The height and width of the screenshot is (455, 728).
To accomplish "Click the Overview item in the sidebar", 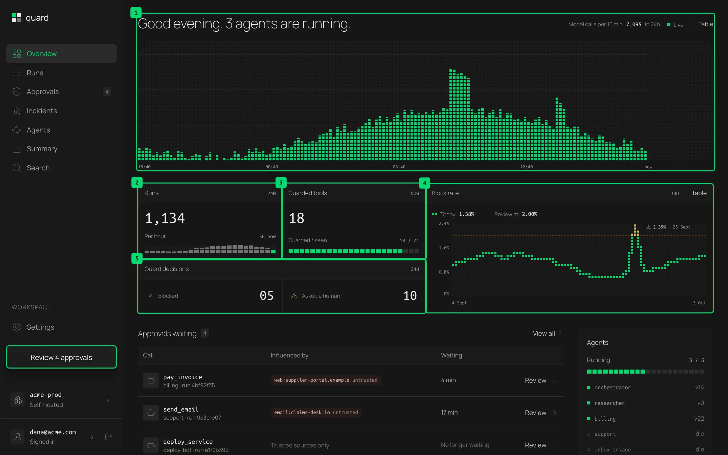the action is pyautogui.click(x=61, y=54).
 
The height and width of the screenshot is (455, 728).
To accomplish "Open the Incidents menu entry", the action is pyautogui.click(x=41, y=111).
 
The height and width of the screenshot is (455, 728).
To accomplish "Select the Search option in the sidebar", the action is pyautogui.click(x=38, y=168).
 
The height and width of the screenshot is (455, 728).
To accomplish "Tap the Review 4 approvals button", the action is pyautogui.click(x=61, y=357).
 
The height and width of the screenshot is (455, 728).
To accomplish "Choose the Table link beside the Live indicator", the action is pyautogui.click(x=706, y=24).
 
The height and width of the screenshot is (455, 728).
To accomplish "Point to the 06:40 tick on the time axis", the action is pyautogui.click(x=399, y=167).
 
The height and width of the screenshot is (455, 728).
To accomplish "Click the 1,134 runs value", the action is pyautogui.click(x=165, y=218).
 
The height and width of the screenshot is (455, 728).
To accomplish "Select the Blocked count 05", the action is pyautogui.click(x=266, y=296).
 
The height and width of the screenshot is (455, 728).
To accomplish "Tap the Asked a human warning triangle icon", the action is pyautogui.click(x=294, y=296).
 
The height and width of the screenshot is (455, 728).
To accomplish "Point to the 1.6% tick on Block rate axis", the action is pyautogui.click(x=444, y=248).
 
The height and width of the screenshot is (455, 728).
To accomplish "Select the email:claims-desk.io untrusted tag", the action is pyautogui.click(x=316, y=412).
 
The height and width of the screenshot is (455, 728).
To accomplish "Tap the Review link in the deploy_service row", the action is pyautogui.click(x=535, y=445).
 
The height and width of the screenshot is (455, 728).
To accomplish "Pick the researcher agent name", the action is pyautogui.click(x=609, y=403).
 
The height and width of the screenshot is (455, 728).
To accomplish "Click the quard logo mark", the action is pyautogui.click(x=16, y=18).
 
